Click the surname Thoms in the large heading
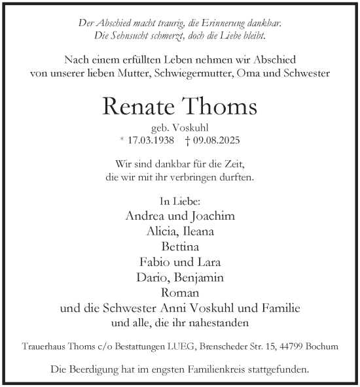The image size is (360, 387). pyautogui.click(x=217, y=106)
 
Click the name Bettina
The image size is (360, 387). pyautogui.click(x=180, y=246)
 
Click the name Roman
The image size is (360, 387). pyautogui.click(x=180, y=292)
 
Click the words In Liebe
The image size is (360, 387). pyautogui.click(x=179, y=201)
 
